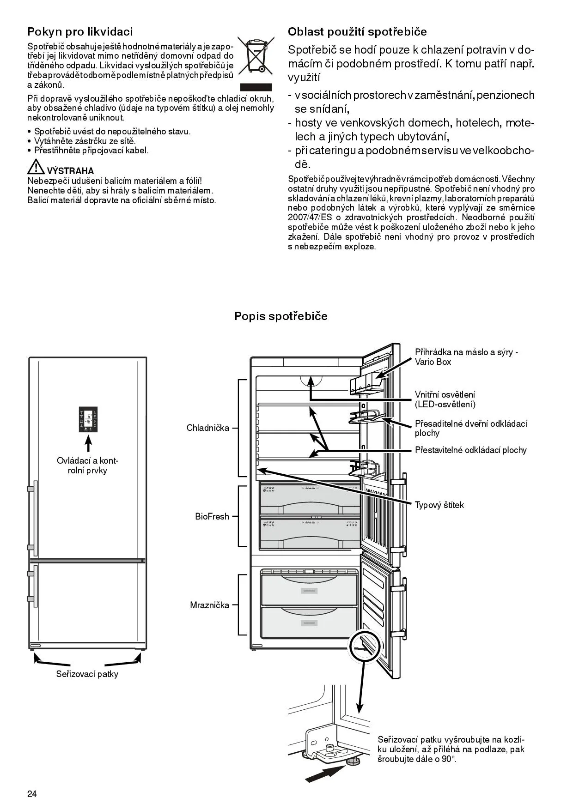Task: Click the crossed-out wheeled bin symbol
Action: (x=256, y=56)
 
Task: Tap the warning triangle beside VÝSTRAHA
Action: (x=36, y=167)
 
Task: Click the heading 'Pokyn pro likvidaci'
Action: (x=80, y=31)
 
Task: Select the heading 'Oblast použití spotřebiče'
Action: (x=357, y=31)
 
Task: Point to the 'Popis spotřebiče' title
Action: (x=280, y=316)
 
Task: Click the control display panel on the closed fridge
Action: (x=88, y=419)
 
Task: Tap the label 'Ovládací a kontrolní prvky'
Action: (x=87, y=465)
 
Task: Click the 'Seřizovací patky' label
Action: (x=87, y=674)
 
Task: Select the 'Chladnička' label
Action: (x=208, y=428)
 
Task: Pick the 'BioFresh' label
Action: (x=212, y=516)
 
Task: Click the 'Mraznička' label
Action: (x=209, y=605)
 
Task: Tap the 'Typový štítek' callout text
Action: (x=439, y=505)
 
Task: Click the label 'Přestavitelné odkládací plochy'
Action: (x=470, y=450)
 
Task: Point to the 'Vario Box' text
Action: (x=433, y=362)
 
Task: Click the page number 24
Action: (x=32, y=794)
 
